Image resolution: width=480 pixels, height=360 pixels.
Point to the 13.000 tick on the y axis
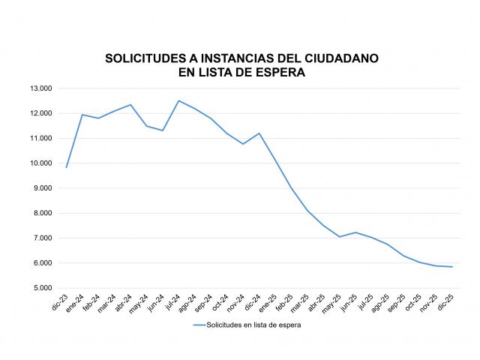coord(40,88)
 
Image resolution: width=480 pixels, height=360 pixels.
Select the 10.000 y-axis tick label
coord(40,163)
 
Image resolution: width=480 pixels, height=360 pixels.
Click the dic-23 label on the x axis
coord(61,302)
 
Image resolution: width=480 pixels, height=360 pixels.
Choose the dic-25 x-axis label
coord(448,302)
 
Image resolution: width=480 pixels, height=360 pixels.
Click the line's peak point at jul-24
coord(178,100)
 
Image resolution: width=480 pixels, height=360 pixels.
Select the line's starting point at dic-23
coord(66,167)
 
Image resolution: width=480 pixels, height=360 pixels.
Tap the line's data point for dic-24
coord(259,133)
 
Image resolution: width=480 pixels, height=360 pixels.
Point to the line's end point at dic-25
coord(452,267)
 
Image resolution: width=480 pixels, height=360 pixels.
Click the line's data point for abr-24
coord(130,105)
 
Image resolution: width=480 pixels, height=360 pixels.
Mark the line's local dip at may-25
coord(340,237)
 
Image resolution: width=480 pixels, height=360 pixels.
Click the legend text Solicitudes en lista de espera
coord(254,325)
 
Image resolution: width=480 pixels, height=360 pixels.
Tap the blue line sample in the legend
coord(199,325)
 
